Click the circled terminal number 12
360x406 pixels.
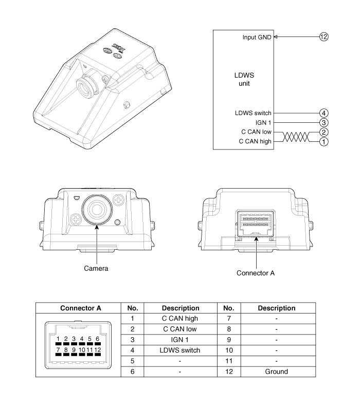click(x=323, y=37)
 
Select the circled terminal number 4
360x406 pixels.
click(x=323, y=113)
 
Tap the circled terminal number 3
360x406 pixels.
click(x=323, y=122)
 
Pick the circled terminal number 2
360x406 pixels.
click(x=323, y=132)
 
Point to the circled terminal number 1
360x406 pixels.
click(x=323, y=141)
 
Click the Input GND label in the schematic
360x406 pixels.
click(x=257, y=38)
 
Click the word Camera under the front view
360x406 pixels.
click(x=96, y=268)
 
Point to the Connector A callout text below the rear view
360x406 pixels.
click(x=256, y=273)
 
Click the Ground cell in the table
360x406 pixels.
click(x=276, y=371)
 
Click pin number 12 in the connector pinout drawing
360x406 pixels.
click(x=97, y=350)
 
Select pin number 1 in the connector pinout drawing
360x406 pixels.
click(x=59, y=339)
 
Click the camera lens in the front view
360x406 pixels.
click(x=97, y=208)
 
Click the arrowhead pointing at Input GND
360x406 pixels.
click(x=276, y=37)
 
